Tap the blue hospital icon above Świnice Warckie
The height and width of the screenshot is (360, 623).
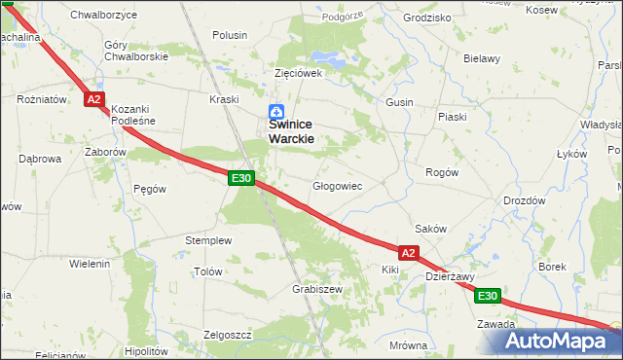click(276, 113)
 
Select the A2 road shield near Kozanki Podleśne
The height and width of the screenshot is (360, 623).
click(93, 99)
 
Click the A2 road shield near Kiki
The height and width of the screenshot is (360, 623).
click(408, 253)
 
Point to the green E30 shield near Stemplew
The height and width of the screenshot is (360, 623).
click(242, 178)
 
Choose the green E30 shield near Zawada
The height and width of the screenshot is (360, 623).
click(489, 296)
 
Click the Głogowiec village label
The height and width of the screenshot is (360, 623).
click(337, 186)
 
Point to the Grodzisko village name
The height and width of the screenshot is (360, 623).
click(425, 18)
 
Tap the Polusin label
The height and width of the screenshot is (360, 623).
click(229, 35)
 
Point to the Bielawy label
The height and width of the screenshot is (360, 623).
click(481, 58)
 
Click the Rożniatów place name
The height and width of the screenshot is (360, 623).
click(41, 99)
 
